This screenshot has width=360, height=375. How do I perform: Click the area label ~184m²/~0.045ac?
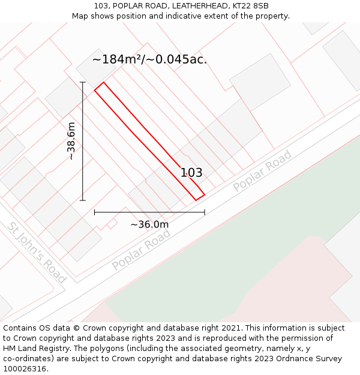point(149,59)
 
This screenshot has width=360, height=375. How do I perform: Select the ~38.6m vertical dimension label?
point(71,141)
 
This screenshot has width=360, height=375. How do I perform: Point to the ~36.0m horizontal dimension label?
point(149,224)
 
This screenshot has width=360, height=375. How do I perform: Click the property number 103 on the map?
point(191,173)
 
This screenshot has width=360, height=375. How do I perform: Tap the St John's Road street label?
point(37,253)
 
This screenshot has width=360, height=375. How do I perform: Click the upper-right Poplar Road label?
point(262,172)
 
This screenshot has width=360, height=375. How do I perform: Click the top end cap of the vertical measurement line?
point(83,82)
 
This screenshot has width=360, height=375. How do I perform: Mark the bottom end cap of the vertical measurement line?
point(83,200)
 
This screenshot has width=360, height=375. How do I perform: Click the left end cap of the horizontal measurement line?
point(95,212)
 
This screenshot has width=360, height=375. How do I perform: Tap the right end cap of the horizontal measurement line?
point(205,212)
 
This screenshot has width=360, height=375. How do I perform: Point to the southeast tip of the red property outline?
point(205,194)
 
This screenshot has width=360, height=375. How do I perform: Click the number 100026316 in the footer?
point(25,369)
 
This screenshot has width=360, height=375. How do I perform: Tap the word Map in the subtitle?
point(81,16)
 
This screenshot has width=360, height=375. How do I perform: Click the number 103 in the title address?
point(100,6)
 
